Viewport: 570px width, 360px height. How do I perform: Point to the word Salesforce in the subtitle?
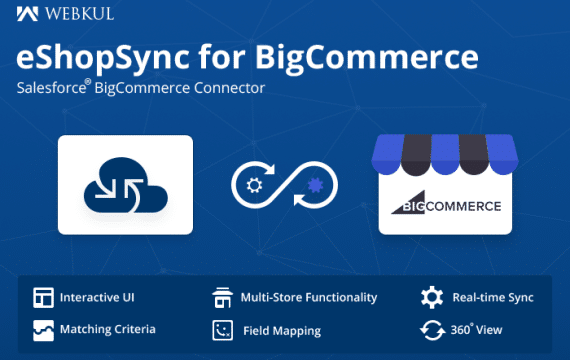(52, 89)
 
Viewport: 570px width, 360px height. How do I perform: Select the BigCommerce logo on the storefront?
(445, 206)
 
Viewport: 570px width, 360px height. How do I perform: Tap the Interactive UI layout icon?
(42, 298)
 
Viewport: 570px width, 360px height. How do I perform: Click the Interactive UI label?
(97, 298)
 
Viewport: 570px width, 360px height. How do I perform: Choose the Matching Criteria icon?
(42, 328)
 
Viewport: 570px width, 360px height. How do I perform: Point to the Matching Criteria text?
(107, 328)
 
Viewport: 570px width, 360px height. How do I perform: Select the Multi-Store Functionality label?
(309, 298)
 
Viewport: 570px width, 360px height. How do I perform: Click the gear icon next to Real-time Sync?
(431, 298)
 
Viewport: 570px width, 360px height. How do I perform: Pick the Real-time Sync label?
(493, 298)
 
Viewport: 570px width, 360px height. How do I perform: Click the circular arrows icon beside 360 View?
(431, 329)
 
